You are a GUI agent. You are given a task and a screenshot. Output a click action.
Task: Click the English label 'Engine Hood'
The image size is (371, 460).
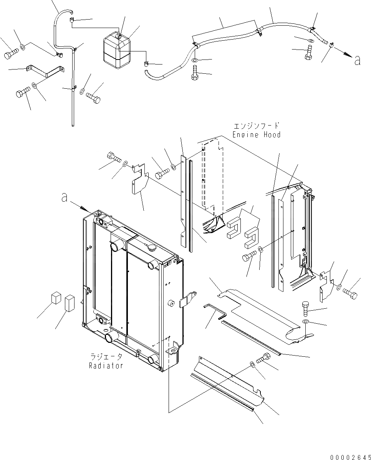(x=256, y=135)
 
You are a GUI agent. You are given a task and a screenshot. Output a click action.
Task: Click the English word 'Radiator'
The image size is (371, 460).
(x=106, y=366)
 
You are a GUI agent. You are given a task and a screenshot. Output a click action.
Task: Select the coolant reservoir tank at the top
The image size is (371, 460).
(x=118, y=50)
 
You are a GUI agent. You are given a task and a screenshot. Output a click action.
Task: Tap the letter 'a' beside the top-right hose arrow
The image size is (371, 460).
(x=357, y=60)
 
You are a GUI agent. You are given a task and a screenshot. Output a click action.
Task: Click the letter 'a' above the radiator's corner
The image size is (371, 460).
(x=65, y=198)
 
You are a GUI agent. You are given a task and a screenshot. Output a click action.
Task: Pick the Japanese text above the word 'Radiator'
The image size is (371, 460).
(x=106, y=357)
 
